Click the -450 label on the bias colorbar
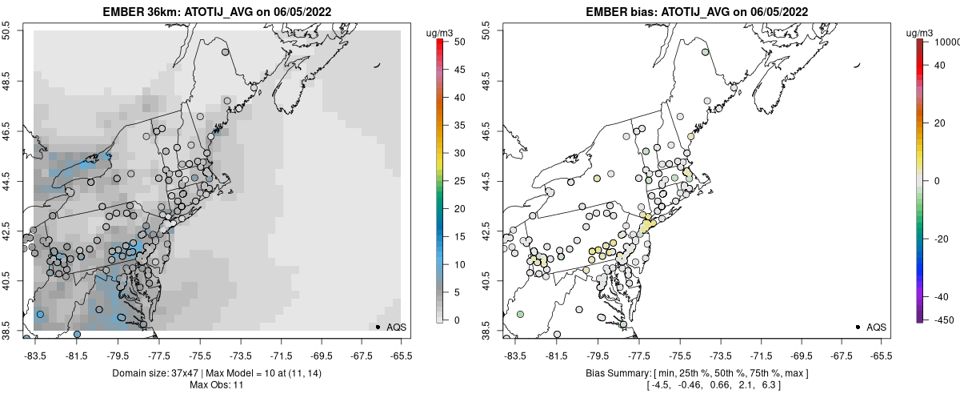(x=942, y=320)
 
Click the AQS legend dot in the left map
(x=378, y=327)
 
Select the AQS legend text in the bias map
(x=876, y=327)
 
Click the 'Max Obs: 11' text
(x=218, y=385)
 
